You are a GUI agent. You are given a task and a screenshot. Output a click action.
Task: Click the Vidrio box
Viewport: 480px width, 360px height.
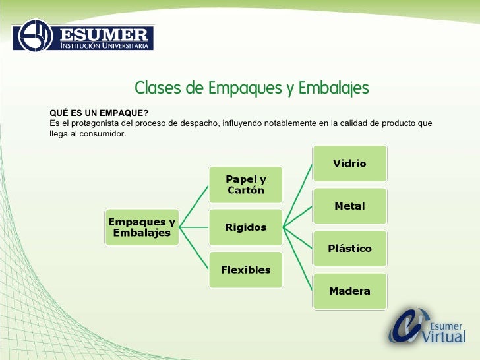349,164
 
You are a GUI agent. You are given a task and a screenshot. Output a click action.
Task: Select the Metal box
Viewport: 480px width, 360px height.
349,206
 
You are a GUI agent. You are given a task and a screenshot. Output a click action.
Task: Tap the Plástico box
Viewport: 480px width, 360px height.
349,249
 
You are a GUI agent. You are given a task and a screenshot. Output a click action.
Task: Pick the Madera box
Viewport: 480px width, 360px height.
349,291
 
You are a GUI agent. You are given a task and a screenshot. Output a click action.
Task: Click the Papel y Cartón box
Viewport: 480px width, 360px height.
245,185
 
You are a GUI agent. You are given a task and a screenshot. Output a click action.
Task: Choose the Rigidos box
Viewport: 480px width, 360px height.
245,227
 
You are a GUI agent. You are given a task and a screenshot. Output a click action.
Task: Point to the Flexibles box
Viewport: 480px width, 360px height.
245,270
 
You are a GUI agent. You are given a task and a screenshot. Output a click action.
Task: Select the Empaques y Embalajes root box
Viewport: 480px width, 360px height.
142,227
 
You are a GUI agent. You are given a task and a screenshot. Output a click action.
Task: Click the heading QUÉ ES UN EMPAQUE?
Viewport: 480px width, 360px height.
99,113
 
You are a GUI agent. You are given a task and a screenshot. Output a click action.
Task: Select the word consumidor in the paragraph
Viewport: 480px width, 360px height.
100,134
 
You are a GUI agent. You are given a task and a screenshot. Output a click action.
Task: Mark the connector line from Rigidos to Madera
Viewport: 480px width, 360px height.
297,260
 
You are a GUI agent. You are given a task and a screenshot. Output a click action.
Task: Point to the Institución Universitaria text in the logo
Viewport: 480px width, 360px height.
105,46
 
